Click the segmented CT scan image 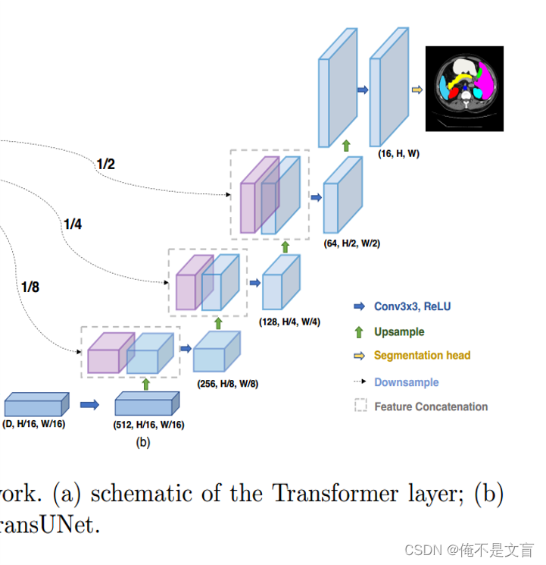point(464,89)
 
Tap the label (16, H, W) point(398,153)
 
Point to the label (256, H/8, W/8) point(226,384)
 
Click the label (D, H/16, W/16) point(34,424)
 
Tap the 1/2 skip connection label point(105,164)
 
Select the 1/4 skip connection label point(73,224)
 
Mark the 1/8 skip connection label point(30,287)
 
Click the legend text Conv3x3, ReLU point(412,306)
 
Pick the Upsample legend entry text point(399,331)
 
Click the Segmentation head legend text point(422,355)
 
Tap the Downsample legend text point(406,382)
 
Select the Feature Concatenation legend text point(431,406)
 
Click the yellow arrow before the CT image point(417,89)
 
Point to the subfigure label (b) point(142,443)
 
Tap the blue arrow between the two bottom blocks point(89,404)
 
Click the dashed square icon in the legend point(360,406)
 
